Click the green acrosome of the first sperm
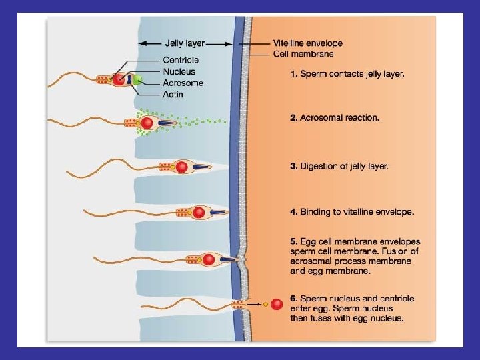tap(137, 80)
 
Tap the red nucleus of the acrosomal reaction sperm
tap(147, 123)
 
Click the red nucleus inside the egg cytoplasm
tap(277, 305)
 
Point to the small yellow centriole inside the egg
tap(265, 305)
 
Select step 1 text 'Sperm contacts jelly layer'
tap(351, 74)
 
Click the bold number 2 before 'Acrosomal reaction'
tap(293, 117)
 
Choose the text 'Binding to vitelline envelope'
tap(357, 212)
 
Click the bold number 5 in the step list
tap(293, 241)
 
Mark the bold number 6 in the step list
tap(293, 298)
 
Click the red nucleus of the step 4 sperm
tap(199, 213)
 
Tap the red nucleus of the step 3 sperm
tap(181, 167)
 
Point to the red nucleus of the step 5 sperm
tap(209, 259)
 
